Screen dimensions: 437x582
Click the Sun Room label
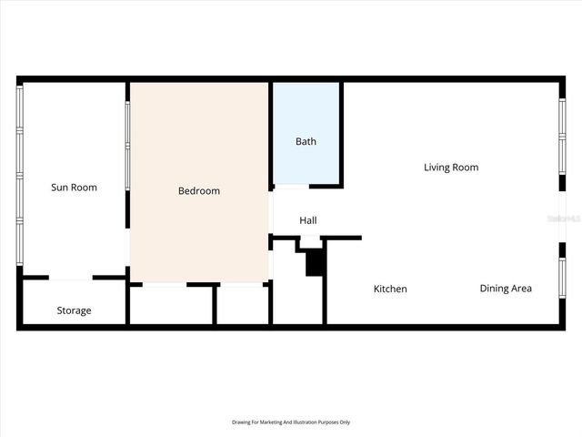(74, 188)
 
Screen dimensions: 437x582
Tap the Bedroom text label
(198, 191)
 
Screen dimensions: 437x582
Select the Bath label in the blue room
(306, 142)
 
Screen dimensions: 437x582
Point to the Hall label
(308, 220)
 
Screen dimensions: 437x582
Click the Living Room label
(451, 168)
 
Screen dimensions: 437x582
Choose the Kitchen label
(390, 289)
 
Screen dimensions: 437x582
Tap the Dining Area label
(506, 289)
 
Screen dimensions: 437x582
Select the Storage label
(74, 310)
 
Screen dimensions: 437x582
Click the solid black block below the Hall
(315, 262)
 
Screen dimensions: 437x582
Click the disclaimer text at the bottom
(291, 422)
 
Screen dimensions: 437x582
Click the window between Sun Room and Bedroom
(127, 146)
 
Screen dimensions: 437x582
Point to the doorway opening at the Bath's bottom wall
(291, 187)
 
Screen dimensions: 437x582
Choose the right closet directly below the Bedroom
(242, 305)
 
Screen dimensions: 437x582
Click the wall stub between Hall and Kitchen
(344, 239)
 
